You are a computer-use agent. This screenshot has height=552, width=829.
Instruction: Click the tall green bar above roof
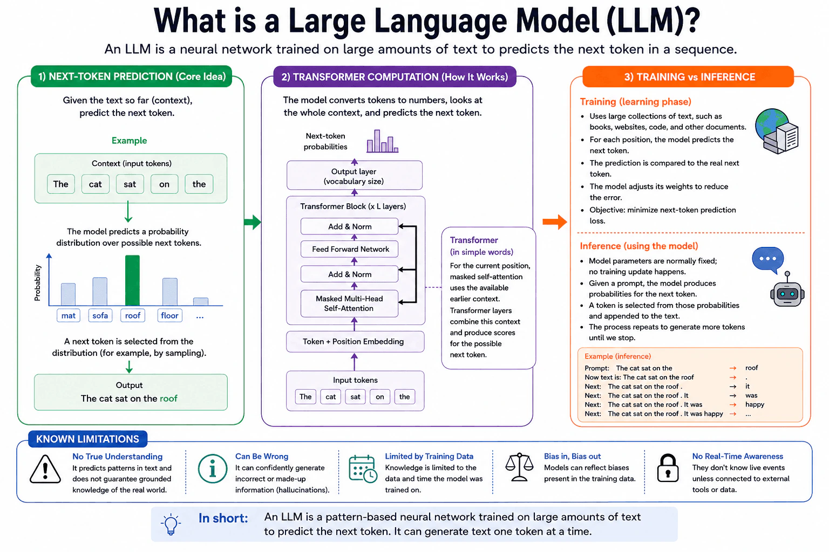[x=132, y=280]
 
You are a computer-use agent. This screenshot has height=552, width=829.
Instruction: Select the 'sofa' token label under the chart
[x=100, y=315]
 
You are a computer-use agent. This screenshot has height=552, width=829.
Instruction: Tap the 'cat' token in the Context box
[x=96, y=184]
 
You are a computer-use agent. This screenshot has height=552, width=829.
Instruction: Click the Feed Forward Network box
[x=350, y=249]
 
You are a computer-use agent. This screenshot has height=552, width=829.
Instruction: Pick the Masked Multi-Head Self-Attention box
[x=350, y=303]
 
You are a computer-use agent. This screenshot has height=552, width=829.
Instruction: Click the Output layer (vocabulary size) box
[x=355, y=176]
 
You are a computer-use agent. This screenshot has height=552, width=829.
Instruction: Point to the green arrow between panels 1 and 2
[x=253, y=222]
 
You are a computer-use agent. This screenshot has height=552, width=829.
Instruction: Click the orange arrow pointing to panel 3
[x=555, y=222]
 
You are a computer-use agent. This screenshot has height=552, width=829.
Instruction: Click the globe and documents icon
[x=777, y=131]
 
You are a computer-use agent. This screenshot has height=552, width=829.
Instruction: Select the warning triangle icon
[x=45, y=469]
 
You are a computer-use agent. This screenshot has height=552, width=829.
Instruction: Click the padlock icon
[x=668, y=468]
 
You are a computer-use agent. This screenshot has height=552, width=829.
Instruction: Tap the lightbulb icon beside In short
[x=171, y=525]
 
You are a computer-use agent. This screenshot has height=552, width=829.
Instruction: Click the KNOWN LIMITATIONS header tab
[x=88, y=439]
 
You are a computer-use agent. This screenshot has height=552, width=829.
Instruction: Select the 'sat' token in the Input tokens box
[x=355, y=397]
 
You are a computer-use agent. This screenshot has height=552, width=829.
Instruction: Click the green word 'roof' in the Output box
[x=168, y=398]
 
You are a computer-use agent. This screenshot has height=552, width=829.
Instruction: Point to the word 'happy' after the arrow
[x=755, y=404]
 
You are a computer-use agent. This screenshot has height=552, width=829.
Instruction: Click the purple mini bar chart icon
[x=382, y=141]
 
